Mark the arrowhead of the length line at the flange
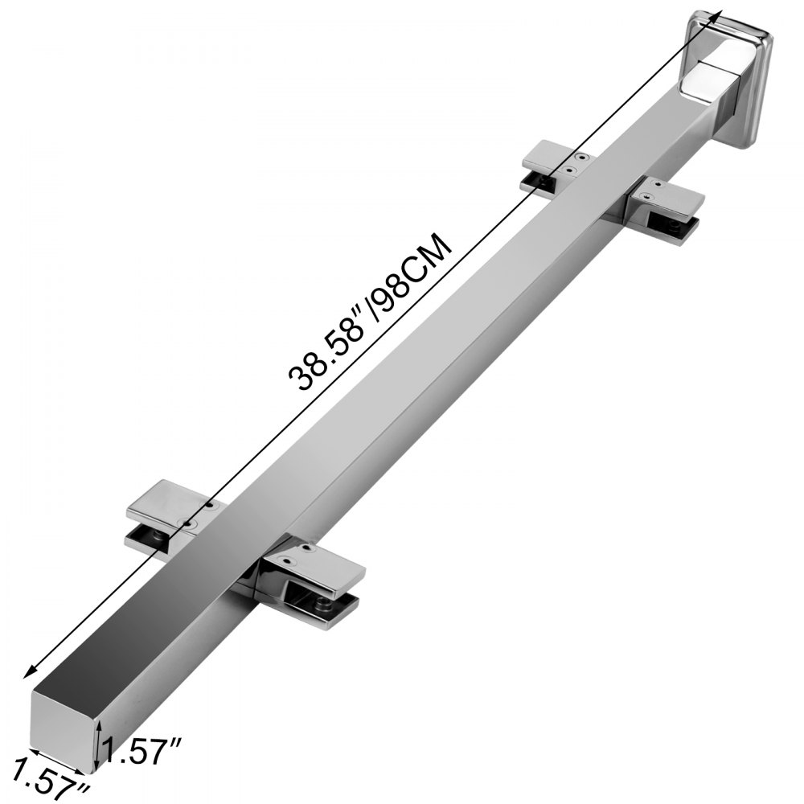pyautogui.click(x=712, y=18)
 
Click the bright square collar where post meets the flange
pyautogui.click(x=704, y=76)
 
